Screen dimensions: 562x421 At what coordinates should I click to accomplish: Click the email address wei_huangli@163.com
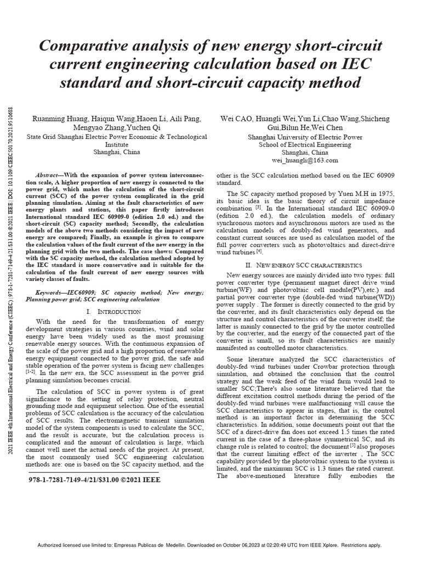[x=305, y=160]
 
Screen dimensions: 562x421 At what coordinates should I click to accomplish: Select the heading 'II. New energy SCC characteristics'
[x=305, y=264]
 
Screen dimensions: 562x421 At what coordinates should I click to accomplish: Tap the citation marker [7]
[x=329, y=439]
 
